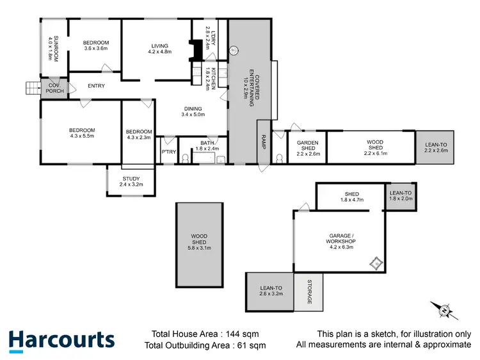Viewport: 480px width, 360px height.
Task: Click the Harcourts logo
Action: pos(61,340)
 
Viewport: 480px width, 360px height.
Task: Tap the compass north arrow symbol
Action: pos(444,310)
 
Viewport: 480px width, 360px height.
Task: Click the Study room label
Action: pos(131,181)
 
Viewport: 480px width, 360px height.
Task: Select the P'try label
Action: pos(168,152)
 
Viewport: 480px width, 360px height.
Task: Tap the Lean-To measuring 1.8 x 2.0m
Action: pos(401,195)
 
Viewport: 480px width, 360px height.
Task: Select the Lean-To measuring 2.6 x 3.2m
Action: pos(269,291)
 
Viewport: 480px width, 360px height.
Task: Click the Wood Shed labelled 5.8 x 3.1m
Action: pos(199,241)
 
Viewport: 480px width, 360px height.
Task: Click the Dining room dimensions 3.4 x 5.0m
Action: pos(193,115)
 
